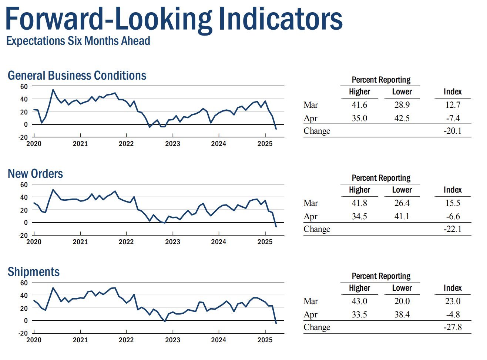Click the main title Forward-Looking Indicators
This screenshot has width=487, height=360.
174,20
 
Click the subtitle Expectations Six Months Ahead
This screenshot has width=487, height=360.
78,41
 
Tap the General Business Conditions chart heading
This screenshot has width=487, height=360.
77,76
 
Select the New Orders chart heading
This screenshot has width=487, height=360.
35,173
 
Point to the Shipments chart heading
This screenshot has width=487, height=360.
34,271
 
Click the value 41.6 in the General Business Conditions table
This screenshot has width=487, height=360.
359,105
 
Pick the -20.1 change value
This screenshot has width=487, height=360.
452,131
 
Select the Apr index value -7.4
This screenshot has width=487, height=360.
453,118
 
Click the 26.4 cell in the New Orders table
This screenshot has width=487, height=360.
402,203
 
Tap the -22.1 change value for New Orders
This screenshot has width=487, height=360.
452,229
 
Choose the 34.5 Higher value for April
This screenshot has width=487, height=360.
359,216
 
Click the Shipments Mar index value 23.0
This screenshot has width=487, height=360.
453,301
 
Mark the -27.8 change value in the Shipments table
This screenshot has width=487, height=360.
452,327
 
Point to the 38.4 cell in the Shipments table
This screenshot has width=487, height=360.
402,314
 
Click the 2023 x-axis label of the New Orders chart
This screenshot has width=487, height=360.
172,242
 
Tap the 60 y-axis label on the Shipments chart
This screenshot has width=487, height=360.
24,283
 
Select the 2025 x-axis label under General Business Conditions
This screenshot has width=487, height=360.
265,144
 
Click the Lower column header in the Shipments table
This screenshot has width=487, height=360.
402,288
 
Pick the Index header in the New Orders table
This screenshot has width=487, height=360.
453,190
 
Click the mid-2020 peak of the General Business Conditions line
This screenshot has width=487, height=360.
53,90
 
